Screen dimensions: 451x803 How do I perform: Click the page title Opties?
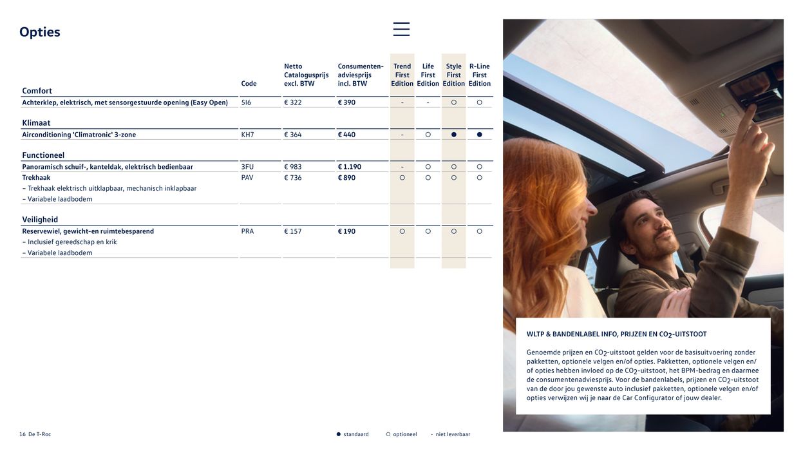[x=40, y=32]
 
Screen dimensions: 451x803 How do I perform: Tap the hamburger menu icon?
[x=401, y=29]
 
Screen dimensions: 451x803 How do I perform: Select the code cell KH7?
[x=247, y=135]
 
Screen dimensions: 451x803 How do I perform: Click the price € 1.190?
[x=350, y=167]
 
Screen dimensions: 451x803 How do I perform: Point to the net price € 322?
[x=293, y=102]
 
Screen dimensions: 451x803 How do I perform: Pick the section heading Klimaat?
[x=36, y=123]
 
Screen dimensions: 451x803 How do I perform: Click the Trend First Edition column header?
[x=402, y=75]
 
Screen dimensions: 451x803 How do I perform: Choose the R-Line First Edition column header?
[x=479, y=75]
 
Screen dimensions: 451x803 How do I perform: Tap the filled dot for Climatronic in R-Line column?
[x=479, y=135]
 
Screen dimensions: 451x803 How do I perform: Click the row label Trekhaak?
[x=36, y=178]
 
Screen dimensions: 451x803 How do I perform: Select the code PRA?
[x=247, y=231]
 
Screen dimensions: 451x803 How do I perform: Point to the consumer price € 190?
[x=346, y=231]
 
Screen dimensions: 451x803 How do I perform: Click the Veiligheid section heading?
[x=40, y=220]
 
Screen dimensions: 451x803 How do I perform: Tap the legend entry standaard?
[x=355, y=434]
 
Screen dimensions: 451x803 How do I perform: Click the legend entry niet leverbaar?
[x=453, y=434]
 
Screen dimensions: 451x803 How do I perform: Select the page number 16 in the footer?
[x=23, y=434]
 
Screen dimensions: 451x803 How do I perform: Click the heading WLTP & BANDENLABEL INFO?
[x=616, y=334]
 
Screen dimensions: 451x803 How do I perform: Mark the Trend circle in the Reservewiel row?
[x=402, y=231]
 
